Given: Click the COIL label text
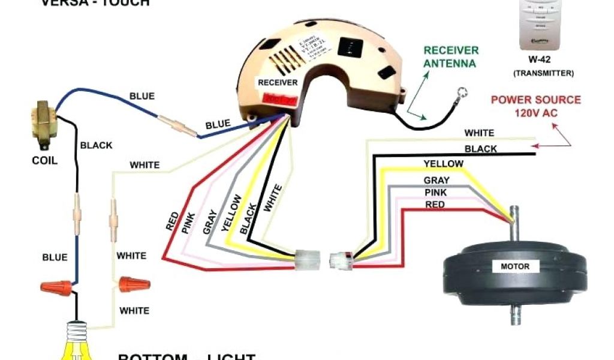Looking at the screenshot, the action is point(44,161).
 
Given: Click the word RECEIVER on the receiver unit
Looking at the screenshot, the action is point(273,82).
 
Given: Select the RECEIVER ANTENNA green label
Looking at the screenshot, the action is point(450,56).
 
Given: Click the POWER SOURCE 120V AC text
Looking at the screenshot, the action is point(535,106).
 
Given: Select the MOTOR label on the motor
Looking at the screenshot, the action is point(507,266).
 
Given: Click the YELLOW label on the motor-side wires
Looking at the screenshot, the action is point(443,163).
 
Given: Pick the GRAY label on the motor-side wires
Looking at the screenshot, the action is point(436,180).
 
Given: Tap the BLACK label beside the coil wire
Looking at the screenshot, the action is point(96,145).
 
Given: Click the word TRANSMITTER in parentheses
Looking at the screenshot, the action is point(543,73).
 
